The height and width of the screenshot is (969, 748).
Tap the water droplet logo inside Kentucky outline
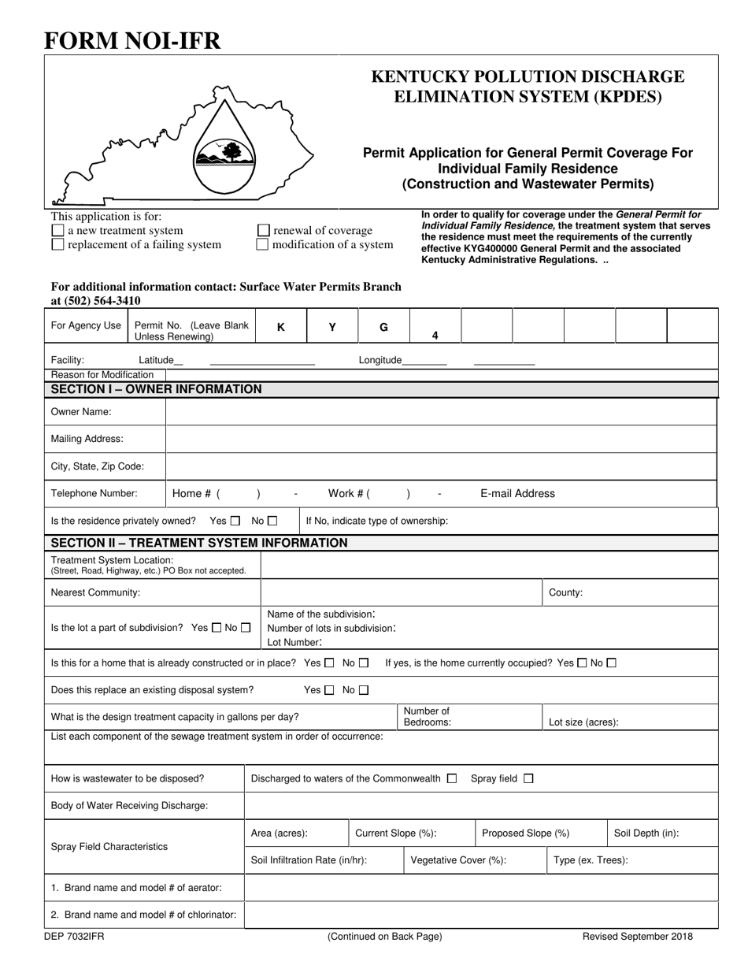pos(224,153)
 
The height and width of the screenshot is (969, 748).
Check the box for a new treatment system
pos(57,231)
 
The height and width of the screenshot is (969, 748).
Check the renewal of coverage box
pos(264,231)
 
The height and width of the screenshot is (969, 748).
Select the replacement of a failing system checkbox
pos(57,245)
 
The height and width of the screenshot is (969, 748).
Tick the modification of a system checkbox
pos(264,245)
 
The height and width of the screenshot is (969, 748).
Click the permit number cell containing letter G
pos(383,327)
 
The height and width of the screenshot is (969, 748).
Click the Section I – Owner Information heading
pos(156,389)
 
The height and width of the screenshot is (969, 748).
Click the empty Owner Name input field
pos(441,412)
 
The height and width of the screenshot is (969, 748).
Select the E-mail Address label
pos(517,494)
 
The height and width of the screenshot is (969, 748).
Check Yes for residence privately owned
pos(235,521)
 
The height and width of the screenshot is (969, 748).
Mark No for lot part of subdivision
pos(246,628)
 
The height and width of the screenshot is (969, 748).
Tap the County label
pos(565,592)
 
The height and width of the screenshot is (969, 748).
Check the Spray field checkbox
pos(528,778)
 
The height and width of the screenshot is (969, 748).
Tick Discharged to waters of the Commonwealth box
pos(451,778)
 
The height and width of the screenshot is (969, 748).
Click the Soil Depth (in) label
pos(646,833)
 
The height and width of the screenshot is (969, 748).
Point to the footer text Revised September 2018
pos(637,937)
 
